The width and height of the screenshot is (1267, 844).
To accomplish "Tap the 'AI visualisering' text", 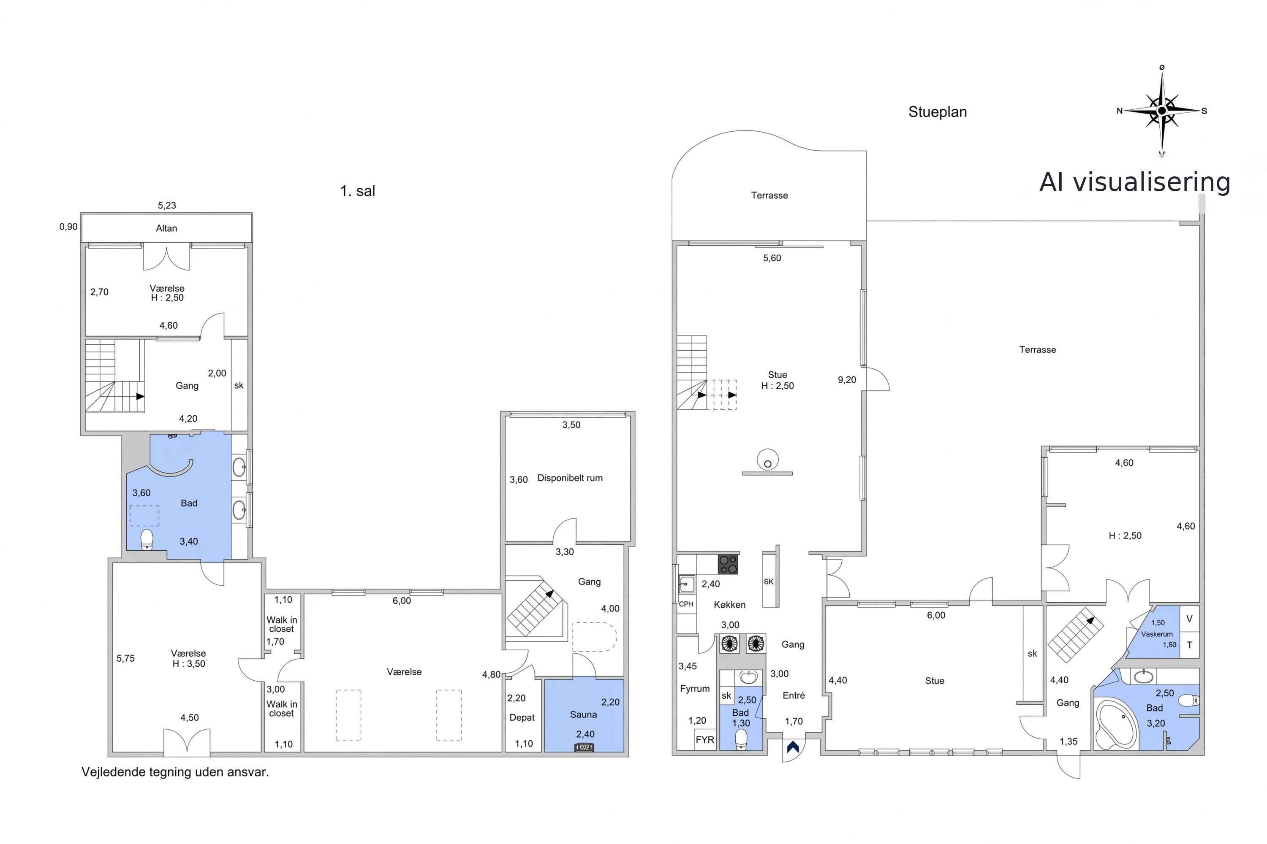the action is click(1134, 182).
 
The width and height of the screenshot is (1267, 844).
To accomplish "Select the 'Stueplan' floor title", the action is click(937, 112).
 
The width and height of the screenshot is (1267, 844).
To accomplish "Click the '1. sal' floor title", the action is click(358, 191).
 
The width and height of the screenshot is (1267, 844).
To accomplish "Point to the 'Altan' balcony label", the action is click(166, 228).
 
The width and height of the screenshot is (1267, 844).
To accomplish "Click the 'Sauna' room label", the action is click(583, 714).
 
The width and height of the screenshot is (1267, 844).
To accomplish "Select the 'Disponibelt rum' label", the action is click(570, 478).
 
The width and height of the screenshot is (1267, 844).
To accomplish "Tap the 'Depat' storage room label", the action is click(522, 717).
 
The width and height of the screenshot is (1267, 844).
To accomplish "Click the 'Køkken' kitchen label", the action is click(729, 604).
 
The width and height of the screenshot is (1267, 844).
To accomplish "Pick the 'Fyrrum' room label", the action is click(695, 688).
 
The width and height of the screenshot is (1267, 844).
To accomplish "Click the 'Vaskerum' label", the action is click(1157, 634).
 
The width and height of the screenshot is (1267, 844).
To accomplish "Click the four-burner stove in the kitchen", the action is click(728, 564).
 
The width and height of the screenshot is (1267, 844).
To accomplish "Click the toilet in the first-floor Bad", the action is click(147, 540).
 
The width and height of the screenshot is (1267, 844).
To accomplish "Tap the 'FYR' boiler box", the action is click(704, 740).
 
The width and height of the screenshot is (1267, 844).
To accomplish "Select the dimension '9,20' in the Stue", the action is click(847, 380).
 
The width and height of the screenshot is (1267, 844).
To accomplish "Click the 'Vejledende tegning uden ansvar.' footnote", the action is click(175, 772).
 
